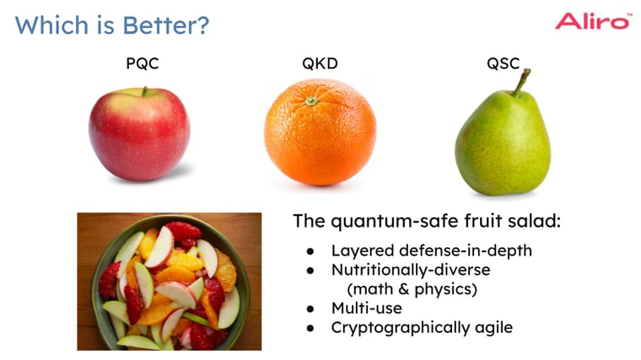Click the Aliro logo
[x=592, y=21]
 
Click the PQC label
[x=142, y=64]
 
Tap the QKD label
[x=320, y=64]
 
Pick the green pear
[x=503, y=143]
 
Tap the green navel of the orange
[x=311, y=100]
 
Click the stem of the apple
[x=144, y=91]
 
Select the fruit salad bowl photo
[x=170, y=281]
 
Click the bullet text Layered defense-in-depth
[x=431, y=250]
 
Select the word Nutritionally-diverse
[x=410, y=270]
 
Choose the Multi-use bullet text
[x=366, y=309]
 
